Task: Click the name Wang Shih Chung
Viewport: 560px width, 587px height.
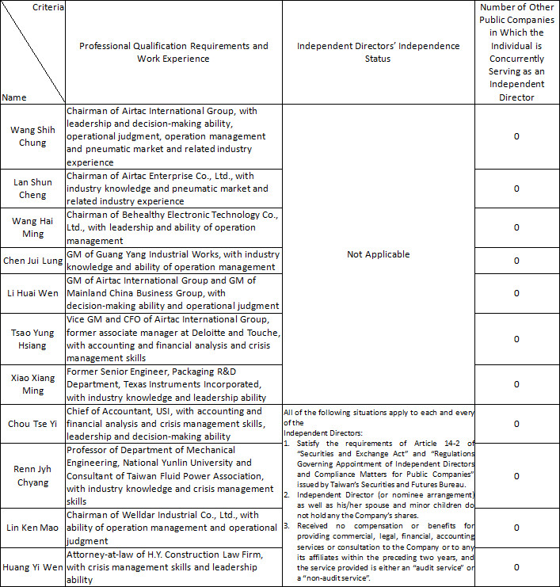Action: click(32, 136)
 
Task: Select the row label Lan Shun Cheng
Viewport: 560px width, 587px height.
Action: click(32, 189)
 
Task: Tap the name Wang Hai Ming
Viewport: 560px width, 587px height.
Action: click(32, 227)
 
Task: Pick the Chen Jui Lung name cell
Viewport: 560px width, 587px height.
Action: click(32, 261)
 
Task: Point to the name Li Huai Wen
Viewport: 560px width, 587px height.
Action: click(32, 293)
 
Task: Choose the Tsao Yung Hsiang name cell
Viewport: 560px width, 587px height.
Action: click(32, 339)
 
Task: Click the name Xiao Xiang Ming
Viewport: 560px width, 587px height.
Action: click(32, 384)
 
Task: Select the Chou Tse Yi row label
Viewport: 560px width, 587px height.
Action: click(32, 424)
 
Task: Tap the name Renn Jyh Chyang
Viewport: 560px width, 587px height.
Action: click(32, 476)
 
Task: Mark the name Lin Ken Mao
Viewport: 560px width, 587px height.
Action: click(32, 528)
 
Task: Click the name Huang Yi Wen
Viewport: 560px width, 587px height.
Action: click(32, 567)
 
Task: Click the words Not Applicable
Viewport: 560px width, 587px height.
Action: click(379, 254)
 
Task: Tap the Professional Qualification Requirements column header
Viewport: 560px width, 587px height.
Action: click(173, 52)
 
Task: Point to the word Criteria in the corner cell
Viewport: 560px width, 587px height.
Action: click(48, 7)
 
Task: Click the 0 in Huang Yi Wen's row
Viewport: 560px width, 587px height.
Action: click(516, 567)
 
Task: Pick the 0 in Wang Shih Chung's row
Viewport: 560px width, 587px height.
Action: click(516, 136)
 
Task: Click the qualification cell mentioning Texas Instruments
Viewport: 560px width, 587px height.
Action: click(173, 384)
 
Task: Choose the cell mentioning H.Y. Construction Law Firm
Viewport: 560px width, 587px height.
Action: click(173, 567)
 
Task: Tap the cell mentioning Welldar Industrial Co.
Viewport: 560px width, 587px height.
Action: click(173, 528)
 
